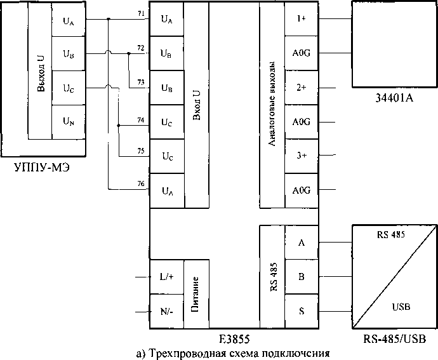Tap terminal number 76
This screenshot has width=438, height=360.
[140, 183]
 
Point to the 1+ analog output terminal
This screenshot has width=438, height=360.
[300, 19]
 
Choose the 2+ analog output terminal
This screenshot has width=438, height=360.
[300, 87]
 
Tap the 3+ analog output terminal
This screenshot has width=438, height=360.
[300, 156]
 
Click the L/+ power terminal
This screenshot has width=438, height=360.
[166, 277]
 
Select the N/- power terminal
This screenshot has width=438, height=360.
[166, 312]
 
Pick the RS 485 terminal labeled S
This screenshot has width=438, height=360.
[300, 312]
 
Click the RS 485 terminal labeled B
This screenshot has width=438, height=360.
[300, 277]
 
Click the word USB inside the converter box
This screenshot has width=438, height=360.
[401, 307]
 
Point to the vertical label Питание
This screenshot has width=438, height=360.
[196, 293]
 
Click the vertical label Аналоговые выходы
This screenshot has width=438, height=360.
[272, 105]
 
